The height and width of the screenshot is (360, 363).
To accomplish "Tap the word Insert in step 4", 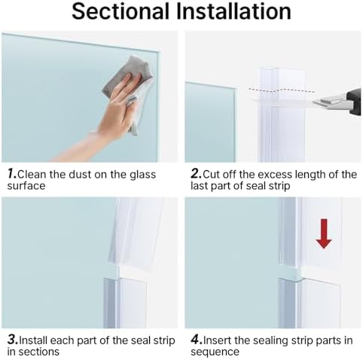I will click(218, 340).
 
